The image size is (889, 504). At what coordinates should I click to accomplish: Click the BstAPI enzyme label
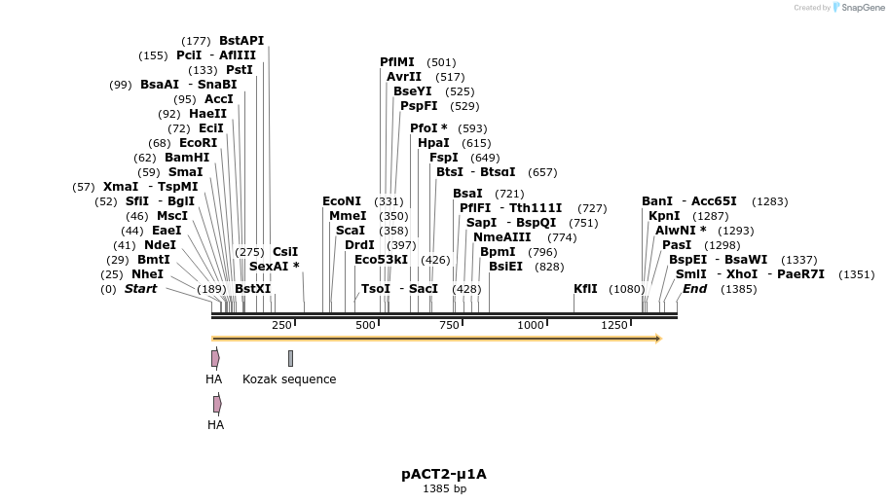click(x=241, y=41)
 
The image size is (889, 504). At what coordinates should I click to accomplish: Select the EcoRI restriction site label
click(x=198, y=143)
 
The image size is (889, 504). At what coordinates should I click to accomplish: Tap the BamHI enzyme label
click(x=187, y=158)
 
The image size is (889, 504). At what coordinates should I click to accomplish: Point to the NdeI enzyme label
click(x=160, y=245)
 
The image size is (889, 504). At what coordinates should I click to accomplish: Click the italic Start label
click(x=140, y=289)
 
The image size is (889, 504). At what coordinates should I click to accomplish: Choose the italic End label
click(x=694, y=289)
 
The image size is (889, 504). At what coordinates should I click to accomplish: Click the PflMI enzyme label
click(x=397, y=62)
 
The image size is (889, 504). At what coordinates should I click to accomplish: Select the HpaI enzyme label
click(x=433, y=143)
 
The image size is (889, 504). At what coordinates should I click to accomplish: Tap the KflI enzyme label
click(x=585, y=289)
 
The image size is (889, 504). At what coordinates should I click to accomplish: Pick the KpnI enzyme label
click(x=664, y=216)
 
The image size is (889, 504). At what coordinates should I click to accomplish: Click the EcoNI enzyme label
click(x=342, y=201)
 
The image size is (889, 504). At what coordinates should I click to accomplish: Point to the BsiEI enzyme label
click(x=505, y=267)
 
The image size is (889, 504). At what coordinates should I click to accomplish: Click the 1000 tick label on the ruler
click(x=531, y=325)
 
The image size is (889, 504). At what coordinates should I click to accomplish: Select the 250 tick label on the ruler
click(x=281, y=325)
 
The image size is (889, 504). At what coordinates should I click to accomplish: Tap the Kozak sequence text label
click(x=289, y=379)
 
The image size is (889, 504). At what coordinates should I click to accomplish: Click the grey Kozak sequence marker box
click(x=290, y=359)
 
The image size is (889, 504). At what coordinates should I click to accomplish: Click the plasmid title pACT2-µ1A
click(x=443, y=475)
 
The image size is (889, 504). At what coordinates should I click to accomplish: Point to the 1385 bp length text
click(x=444, y=489)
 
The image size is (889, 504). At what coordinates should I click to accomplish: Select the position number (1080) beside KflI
click(x=626, y=289)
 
